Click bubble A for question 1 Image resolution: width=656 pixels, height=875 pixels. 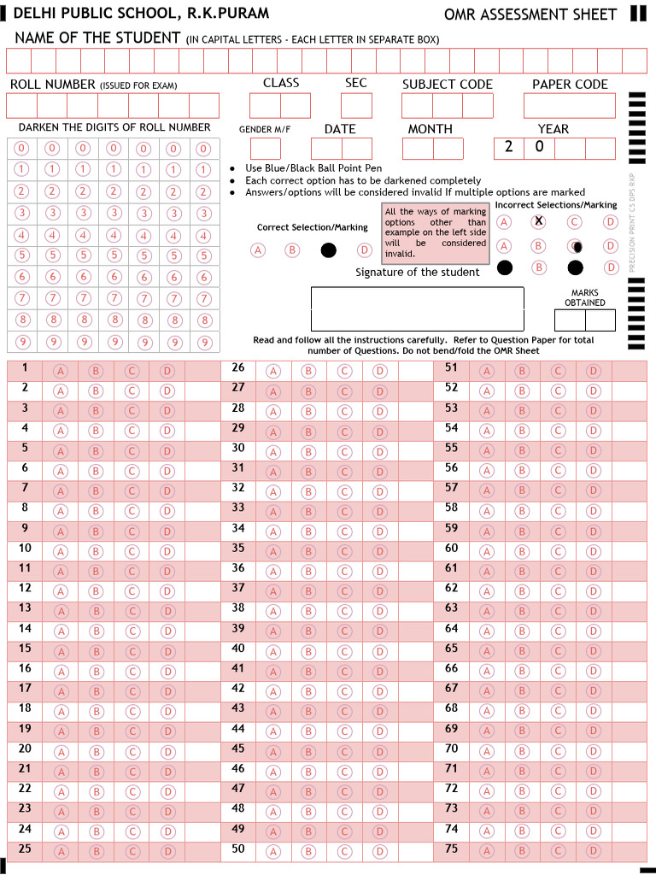pos(61,371)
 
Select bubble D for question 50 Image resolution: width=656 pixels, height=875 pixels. pos(380,851)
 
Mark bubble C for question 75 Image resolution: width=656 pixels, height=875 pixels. pos(558,851)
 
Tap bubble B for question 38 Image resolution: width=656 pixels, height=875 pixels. pos(308,611)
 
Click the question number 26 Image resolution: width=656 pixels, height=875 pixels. pos(238,367)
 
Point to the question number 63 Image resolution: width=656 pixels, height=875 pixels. pos(451,608)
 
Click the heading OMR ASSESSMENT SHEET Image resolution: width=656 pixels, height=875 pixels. pos(530,15)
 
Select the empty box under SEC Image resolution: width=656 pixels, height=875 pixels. pos(356,105)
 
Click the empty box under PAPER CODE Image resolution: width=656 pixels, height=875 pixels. pos(569,105)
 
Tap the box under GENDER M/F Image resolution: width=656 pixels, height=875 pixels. pos(265,149)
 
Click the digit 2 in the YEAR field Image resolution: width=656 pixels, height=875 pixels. pos(509,147)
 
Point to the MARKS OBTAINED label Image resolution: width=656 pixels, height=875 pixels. pos(585,297)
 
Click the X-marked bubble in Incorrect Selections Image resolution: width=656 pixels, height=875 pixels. pos(538,221)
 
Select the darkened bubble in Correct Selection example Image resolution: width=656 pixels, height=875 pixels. pos(329,250)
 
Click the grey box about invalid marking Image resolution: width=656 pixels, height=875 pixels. pos(435,232)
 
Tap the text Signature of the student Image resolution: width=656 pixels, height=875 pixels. pos(418,272)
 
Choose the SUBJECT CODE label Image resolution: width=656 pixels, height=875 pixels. pos(447,84)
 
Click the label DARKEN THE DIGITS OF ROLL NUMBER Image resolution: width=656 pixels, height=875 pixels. pos(114,127)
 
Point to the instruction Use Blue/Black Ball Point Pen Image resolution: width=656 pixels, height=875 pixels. pos(313,168)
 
